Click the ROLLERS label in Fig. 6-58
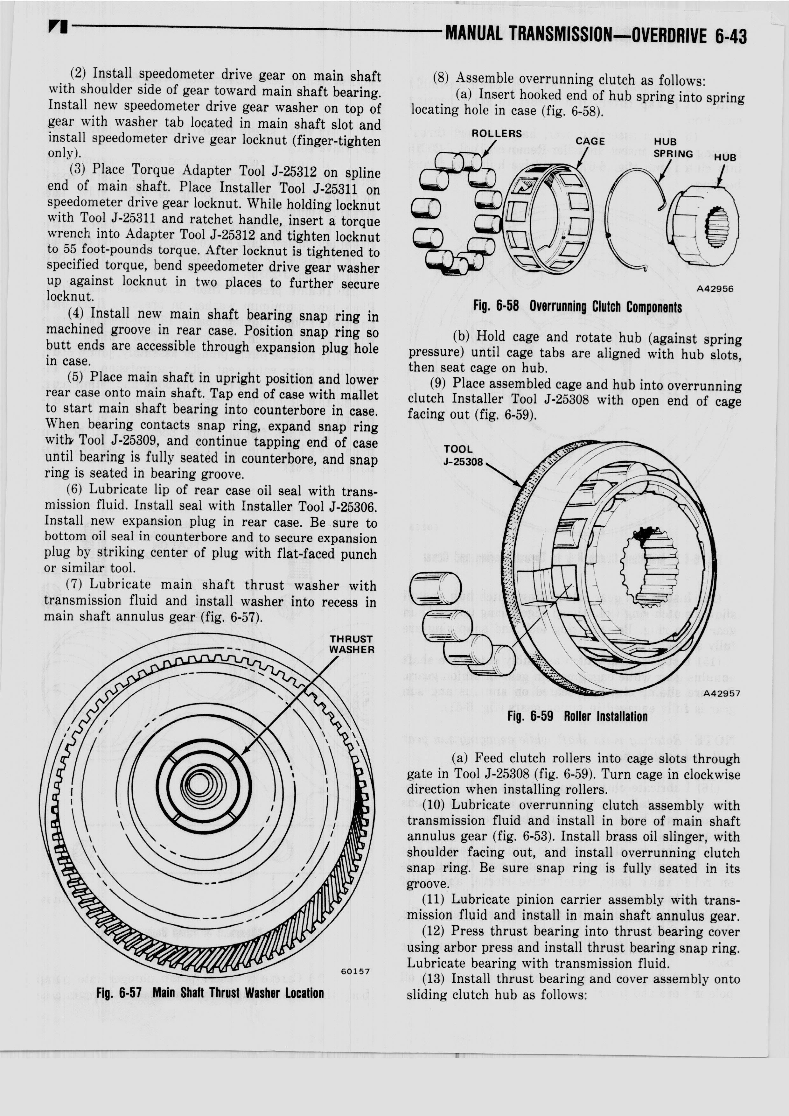click(x=497, y=134)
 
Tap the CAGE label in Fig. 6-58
click(x=590, y=141)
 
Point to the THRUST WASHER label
click(x=351, y=644)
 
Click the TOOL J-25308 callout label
click(x=462, y=455)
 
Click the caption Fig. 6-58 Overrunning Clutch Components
click(x=577, y=307)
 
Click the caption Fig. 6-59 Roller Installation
click(x=577, y=716)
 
